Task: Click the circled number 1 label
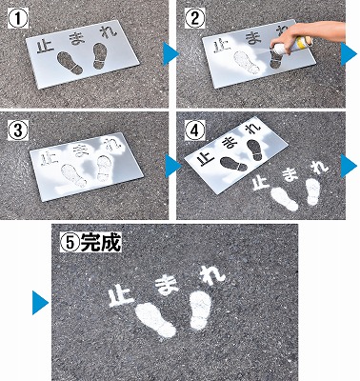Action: tap(18, 18)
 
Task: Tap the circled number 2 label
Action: tap(194, 18)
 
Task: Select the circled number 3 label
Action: tap(17, 130)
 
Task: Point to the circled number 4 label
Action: tap(194, 130)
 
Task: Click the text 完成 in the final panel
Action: tap(100, 243)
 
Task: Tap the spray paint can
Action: tap(290, 46)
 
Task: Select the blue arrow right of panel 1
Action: tap(170, 54)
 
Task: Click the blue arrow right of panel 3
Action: tap(173, 166)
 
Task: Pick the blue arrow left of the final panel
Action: tap(40, 303)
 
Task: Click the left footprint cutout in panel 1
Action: tap(70, 63)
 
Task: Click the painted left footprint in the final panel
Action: tap(155, 320)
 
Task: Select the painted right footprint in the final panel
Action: tap(200, 310)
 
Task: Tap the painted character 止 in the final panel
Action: tap(121, 295)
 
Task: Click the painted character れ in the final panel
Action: tap(212, 275)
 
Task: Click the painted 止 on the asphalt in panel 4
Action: tap(260, 183)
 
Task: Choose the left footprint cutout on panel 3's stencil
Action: tap(73, 175)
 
